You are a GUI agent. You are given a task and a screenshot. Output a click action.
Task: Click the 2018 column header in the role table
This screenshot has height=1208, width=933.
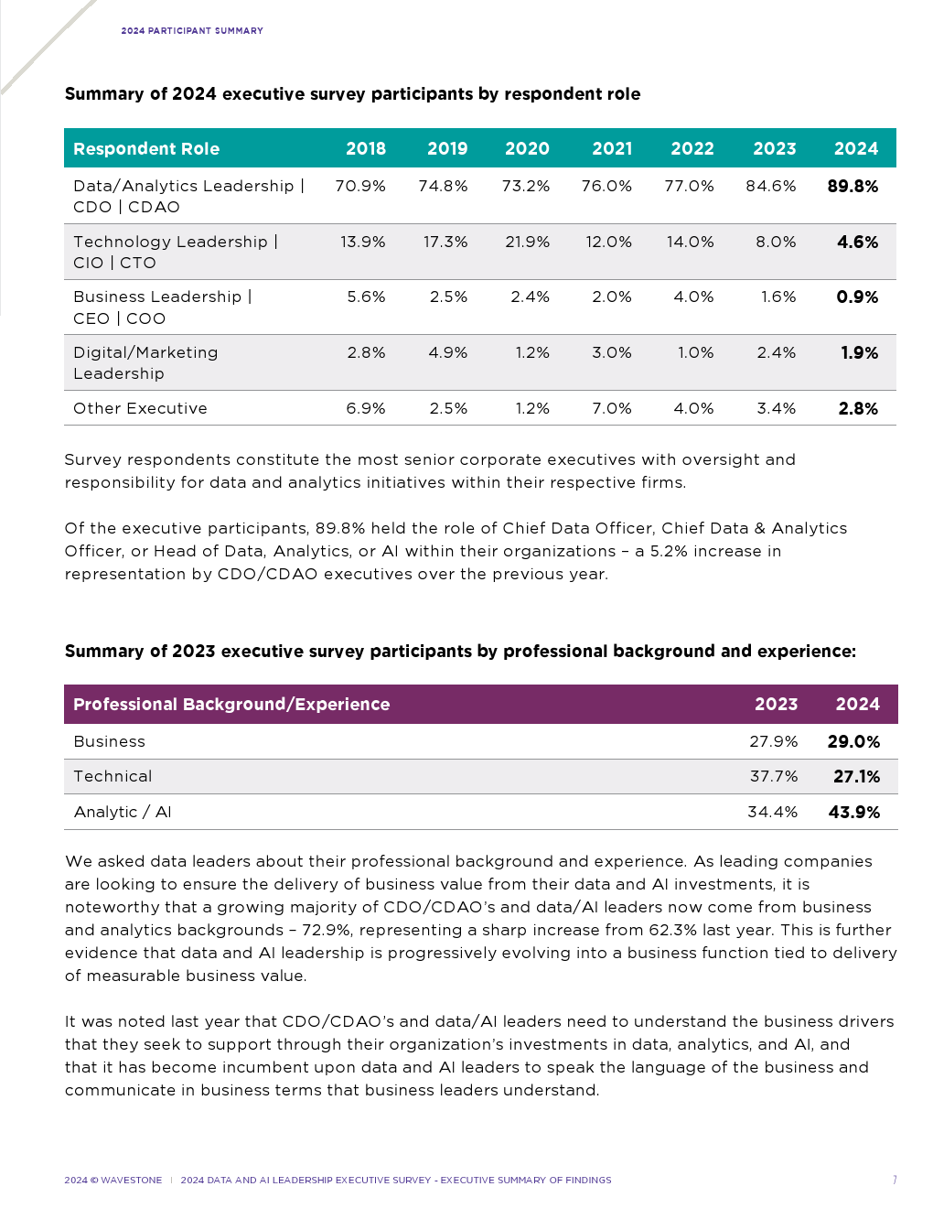click(366, 148)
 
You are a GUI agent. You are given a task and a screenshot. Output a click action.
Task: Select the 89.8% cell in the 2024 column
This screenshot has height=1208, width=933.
click(853, 186)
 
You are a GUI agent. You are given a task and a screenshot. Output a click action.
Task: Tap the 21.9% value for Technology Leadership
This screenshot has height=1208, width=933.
click(527, 242)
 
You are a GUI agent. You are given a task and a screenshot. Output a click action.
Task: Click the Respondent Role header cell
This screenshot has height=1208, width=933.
click(146, 148)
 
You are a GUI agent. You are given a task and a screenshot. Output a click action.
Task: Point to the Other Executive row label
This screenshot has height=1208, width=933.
click(140, 408)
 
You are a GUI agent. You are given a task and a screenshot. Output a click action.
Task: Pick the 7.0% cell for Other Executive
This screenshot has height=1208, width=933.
click(611, 408)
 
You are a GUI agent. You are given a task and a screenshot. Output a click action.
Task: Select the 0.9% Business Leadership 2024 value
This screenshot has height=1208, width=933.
click(857, 297)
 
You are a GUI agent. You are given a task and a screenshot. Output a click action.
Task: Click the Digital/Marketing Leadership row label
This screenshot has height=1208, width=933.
click(145, 362)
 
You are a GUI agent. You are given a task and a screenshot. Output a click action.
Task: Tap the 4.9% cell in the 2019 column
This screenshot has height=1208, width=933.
click(447, 352)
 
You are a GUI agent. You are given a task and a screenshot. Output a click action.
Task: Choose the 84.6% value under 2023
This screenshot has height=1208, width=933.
click(770, 186)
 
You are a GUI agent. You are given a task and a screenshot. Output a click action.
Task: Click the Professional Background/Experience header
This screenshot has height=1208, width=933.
click(231, 704)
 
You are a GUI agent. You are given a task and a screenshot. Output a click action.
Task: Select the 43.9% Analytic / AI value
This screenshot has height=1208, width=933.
click(853, 812)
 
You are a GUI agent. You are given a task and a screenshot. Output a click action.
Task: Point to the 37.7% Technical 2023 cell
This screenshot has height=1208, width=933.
click(774, 776)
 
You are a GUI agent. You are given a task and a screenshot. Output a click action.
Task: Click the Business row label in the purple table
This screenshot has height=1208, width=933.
click(110, 741)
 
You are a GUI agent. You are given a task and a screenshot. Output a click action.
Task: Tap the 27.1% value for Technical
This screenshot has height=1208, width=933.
click(856, 776)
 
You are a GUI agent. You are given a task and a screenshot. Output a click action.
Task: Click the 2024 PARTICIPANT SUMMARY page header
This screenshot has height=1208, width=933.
click(192, 30)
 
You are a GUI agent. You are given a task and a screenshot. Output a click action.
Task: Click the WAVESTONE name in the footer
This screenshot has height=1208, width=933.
click(131, 1180)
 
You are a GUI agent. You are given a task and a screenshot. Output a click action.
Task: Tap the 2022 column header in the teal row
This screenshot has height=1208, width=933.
click(692, 148)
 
